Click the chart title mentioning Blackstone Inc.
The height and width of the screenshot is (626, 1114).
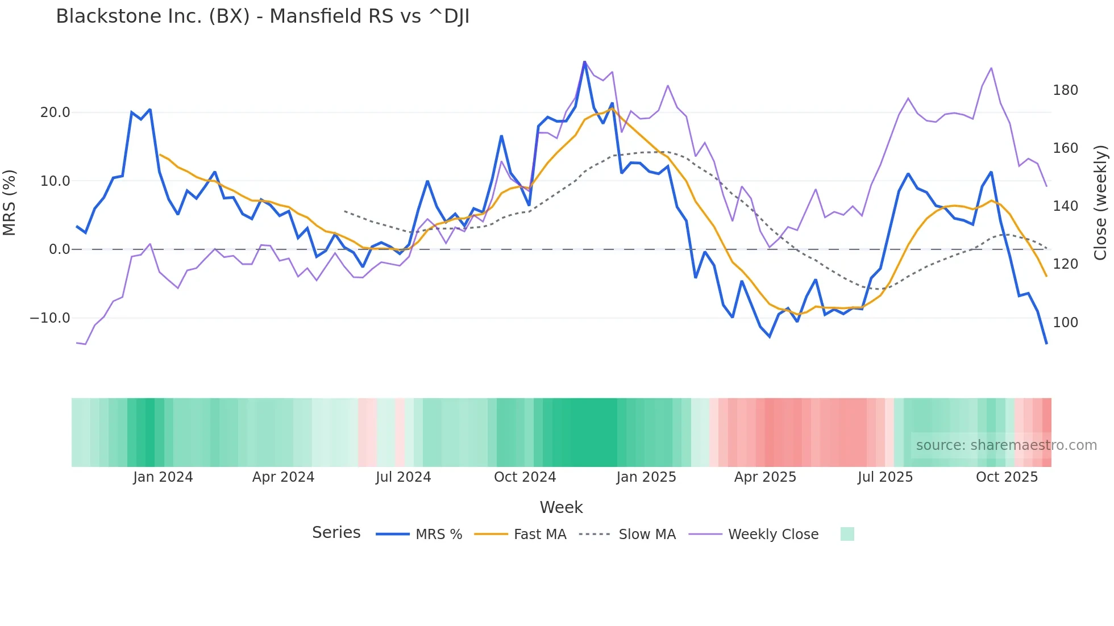[x=263, y=16]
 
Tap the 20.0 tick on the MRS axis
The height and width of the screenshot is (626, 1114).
[x=55, y=112]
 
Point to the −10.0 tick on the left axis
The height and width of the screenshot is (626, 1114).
[x=50, y=318]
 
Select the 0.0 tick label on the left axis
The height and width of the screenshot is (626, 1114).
[x=59, y=249]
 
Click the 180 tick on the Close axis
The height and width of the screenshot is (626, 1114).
[x=1065, y=90]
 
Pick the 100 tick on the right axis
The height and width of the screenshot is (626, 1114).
[x=1065, y=322]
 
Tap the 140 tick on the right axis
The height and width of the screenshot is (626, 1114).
[x=1065, y=206]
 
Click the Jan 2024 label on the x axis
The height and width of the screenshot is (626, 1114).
[x=163, y=477]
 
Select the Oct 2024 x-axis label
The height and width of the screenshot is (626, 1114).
[x=525, y=477]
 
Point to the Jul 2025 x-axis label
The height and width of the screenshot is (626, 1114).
[x=885, y=477]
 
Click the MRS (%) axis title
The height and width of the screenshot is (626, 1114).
[x=9, y=202]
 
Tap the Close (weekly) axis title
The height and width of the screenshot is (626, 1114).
[x=1101, y=202]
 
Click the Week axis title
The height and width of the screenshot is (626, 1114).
[x=561, y=507]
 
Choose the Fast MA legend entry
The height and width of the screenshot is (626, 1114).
[x=539, y=535]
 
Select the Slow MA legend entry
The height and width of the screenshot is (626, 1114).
[x=647, y=535]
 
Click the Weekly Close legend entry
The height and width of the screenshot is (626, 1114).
[x=773, y=535]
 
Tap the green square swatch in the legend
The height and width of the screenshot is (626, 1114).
[x=847, y=534]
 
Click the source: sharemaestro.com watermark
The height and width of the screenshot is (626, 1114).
[x=1006, y=445]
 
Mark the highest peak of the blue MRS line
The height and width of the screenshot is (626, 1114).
[x=584, y=61]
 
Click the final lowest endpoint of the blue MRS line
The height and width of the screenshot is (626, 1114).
[x=1046, y=343]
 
